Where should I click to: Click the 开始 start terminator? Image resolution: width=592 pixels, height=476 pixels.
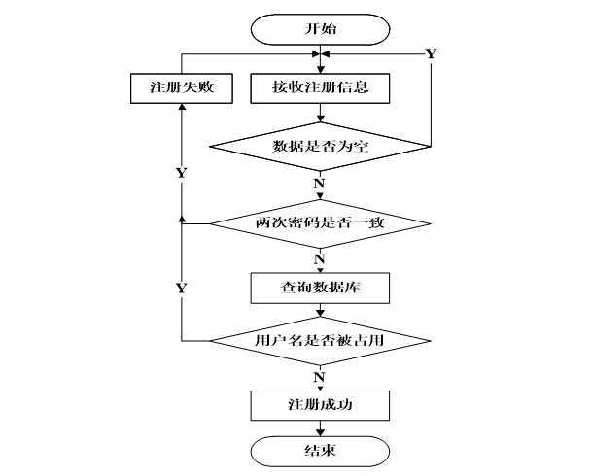pos(320,29)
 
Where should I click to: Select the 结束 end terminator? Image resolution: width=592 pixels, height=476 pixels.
pos(320,452)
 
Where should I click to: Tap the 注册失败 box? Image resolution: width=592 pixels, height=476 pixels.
pos(182,88)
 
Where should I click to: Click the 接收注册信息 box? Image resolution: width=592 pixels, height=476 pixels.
pos(320,88)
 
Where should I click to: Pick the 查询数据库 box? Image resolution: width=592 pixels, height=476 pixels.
pos(320,289)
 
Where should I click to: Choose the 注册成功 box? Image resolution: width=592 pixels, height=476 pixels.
pos(320,405)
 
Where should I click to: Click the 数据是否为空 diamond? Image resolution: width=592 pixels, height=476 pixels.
pos(320,147)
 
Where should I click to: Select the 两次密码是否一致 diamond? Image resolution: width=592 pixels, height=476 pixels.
pos(320,223)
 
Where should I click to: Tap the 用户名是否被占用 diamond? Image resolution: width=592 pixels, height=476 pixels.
pos(320,341)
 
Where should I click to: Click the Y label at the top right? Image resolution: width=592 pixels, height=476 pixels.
pos(431,54)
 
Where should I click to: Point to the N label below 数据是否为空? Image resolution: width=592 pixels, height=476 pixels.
pos(320,184)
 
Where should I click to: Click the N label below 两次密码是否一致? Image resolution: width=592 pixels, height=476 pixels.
pos(320,259)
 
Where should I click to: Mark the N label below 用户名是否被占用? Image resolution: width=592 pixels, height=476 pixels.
pos(320,377)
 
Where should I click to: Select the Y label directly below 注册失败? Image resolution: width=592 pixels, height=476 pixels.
pos(182,173)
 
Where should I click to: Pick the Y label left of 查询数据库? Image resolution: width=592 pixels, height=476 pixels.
pos(182,289)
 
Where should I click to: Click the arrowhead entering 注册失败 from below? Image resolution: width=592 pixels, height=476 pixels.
pos(182,107)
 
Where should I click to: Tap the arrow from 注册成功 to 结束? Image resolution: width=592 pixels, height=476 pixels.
pos(320,428)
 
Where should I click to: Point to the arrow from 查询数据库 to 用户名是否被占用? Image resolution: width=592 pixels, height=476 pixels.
pos(320,310)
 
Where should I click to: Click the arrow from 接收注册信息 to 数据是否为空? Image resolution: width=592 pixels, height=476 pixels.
pos(320,113)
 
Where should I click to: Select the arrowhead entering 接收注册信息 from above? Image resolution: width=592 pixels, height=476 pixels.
pos(320,70)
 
